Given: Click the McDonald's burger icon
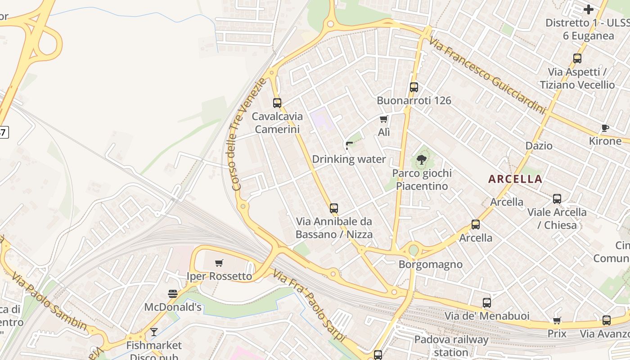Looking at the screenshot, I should (x=173, y=294).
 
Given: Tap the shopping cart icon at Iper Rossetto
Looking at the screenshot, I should (x=219, y=263).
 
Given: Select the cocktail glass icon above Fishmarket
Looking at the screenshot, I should (x=154, y=332).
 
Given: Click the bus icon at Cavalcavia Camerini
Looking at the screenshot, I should (x=277, y=103).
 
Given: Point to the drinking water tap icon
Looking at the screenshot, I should (x=349, y=145).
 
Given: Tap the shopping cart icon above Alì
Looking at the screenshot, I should (x=383, y=119).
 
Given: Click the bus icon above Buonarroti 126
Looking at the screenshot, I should (x=414, y=87).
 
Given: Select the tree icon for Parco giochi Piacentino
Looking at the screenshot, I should (x=422, y=159).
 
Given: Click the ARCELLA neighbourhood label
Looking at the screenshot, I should (x=515, y=179).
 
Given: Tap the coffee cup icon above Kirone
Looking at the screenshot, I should (x=605, y=128).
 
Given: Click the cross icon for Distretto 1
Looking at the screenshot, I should (x=589, y=9).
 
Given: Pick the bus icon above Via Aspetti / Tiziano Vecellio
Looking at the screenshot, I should (x=577, y=58).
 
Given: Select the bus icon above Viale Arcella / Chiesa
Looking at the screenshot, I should (x=557, y=198).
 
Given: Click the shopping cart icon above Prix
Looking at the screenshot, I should (x=557, y=320).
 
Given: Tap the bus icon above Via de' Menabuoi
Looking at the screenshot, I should (x=487, y=302).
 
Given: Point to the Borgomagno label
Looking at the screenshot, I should (x=431, y=264).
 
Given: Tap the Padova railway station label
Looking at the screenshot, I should (x=451, y=346).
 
